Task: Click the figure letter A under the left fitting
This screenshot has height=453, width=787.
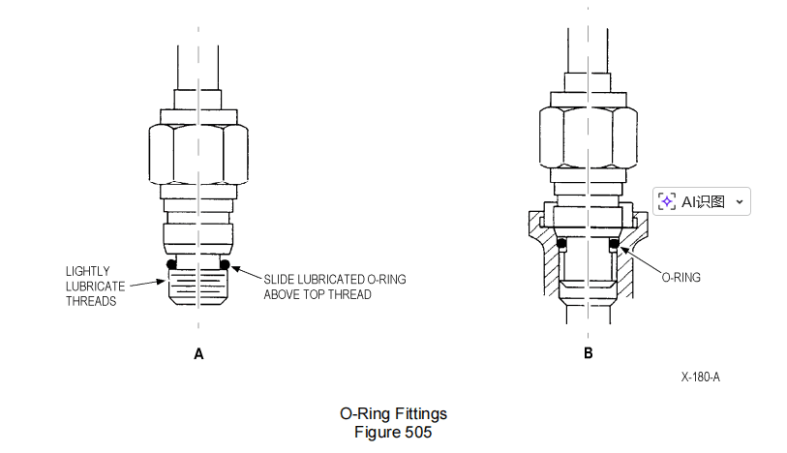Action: (x=198, y=354)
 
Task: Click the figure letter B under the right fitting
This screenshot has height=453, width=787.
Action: (x=588, y=354)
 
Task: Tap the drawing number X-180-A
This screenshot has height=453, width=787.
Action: (x=700, y=377)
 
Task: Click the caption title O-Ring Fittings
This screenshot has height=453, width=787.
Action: (x=393, y=414)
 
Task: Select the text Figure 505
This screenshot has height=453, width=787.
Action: (x=393, y=432)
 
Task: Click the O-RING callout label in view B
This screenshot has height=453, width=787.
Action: (x=681, y=277)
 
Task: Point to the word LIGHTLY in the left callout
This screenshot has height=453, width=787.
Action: (x=88, y=270)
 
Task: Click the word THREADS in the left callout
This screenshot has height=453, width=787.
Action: (x=92, y=301)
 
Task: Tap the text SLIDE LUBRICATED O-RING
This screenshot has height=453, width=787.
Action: (x=335, y=279)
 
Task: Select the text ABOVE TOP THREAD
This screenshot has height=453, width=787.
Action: (x=318, y=294)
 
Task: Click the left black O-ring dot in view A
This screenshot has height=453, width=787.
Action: (x=170, y=264)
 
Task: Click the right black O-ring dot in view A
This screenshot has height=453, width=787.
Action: (x=225, y=264)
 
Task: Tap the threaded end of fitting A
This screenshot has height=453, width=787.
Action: (x=197, y=286)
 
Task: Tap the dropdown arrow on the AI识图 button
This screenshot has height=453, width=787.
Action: (x=740, y=201)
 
